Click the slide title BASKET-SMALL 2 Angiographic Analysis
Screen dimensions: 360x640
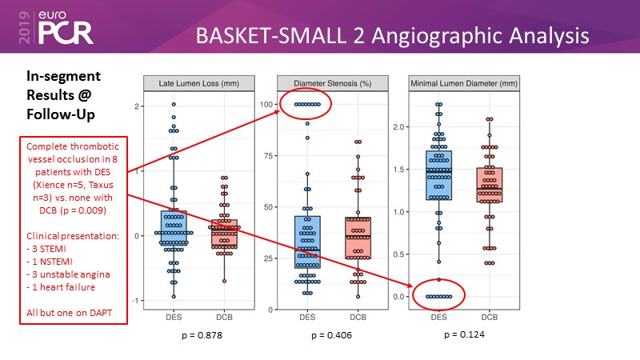[393, 36]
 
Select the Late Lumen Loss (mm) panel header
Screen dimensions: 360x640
[198, 83]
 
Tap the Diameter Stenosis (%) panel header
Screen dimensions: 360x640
[331, 83]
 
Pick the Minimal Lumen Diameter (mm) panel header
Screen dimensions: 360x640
[464, 83]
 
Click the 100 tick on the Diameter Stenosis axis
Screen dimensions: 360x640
[268, 105]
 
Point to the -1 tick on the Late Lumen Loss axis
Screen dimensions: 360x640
[137, 301]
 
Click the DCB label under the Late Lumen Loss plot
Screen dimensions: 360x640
[224, 318]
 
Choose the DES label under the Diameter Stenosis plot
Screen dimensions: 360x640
[307, 318]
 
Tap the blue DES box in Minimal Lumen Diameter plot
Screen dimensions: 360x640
[438, 175]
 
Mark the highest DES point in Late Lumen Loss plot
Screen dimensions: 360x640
[174, 105]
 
